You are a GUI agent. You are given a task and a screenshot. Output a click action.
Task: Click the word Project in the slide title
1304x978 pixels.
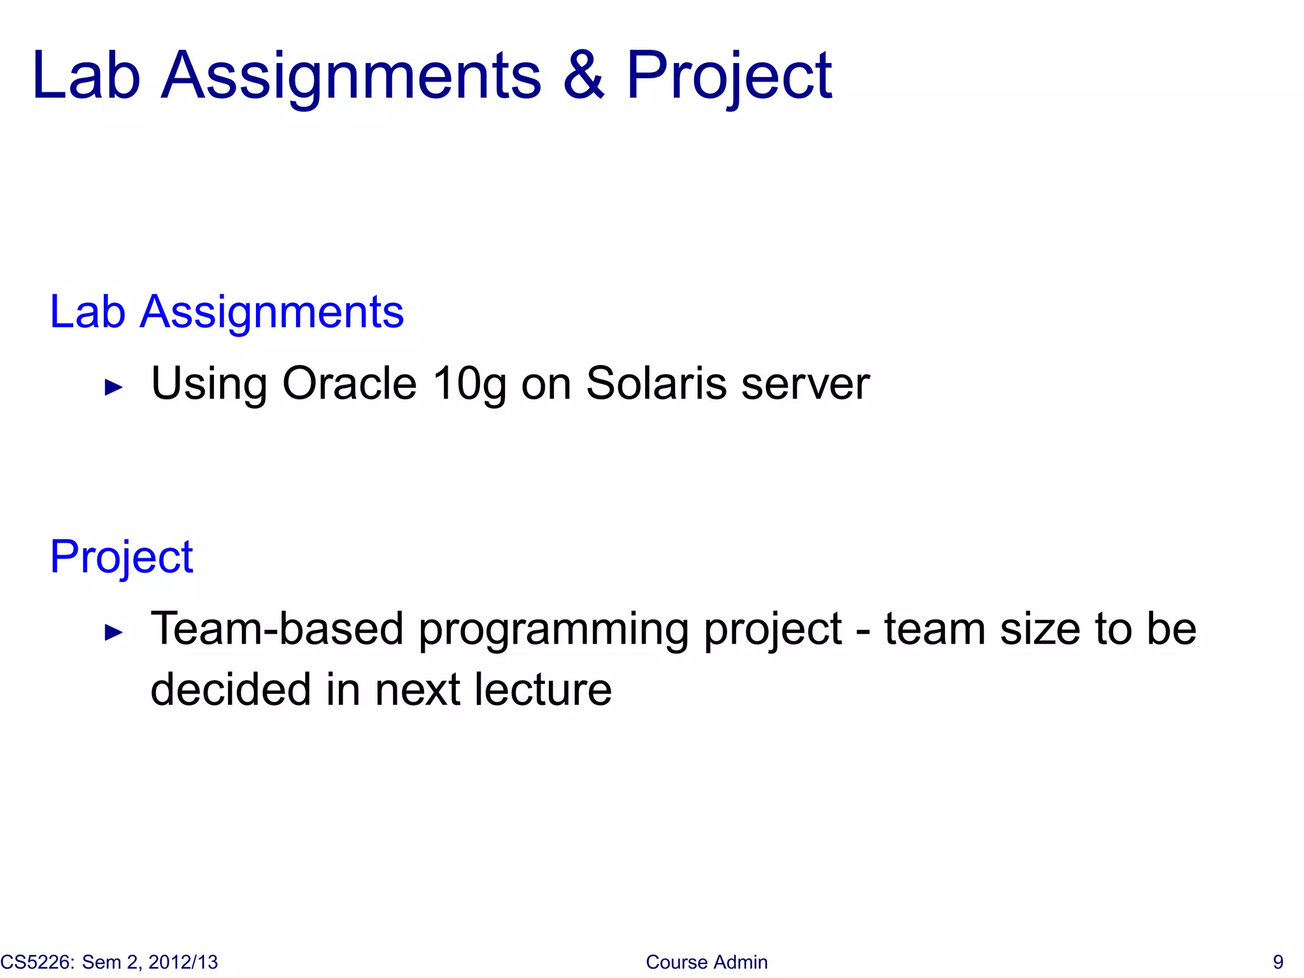728,76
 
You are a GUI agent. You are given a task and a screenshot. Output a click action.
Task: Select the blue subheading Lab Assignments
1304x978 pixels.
227,312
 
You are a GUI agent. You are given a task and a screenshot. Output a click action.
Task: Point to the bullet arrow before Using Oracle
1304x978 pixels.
113,386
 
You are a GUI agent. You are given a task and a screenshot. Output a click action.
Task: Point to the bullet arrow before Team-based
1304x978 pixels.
113,632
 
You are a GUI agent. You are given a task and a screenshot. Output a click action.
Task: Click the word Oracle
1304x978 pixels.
349,383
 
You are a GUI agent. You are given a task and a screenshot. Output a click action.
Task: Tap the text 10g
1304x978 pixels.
469,385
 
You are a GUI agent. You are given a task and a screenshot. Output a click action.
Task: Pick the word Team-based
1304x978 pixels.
277,628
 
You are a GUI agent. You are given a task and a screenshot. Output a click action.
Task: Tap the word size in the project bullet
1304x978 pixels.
1040,628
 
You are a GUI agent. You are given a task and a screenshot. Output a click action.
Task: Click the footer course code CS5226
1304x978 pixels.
37,962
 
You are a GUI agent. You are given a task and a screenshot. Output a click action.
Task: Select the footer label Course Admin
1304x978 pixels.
706,962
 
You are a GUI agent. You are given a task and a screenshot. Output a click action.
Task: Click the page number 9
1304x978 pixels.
1277,962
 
